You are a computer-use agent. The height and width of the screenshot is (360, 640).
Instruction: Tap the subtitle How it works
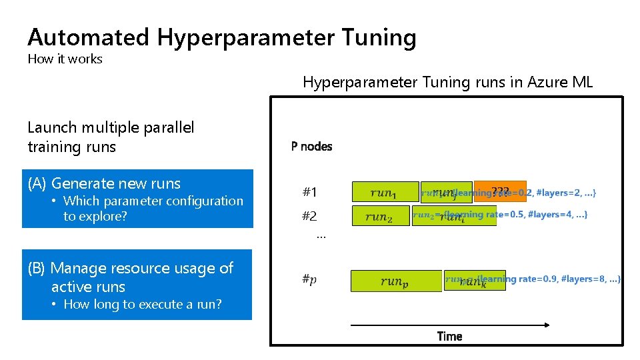click(x=65, y=59)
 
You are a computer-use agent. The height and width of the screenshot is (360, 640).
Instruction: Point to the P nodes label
click(x=311, y=146)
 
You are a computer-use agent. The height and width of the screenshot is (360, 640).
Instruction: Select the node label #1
click(x=309, y=193)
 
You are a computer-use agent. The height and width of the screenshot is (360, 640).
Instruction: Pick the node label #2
click(x=309, y=216)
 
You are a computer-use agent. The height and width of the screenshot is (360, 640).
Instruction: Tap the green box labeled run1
click(x=384, y=192)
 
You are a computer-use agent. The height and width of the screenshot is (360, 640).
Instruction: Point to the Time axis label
click(x=449, y=336)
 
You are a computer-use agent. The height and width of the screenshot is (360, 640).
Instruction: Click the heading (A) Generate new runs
click(x=104, y=183)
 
